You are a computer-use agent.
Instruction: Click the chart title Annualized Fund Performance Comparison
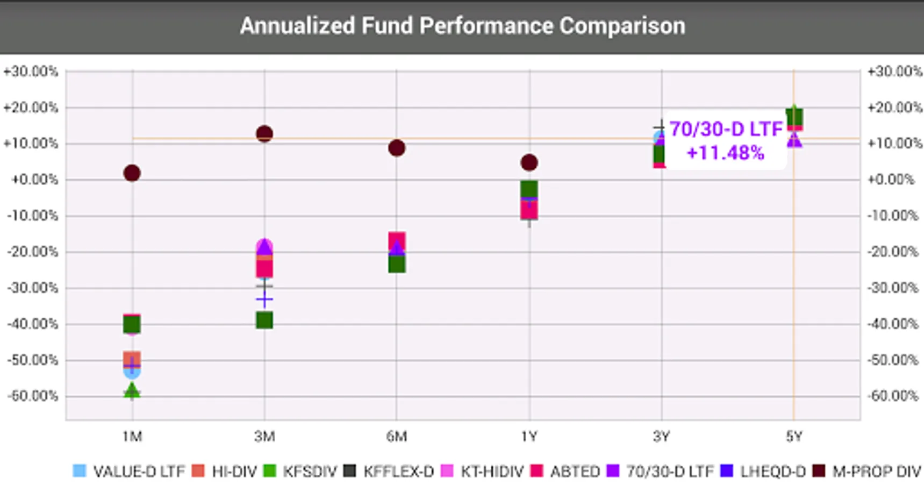point(462,26)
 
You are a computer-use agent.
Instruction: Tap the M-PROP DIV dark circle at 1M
point(132,173)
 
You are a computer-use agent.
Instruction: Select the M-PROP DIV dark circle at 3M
point(264,134)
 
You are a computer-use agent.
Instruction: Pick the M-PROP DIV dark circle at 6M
point(397,148)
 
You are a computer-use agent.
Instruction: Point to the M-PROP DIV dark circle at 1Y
point(529,162)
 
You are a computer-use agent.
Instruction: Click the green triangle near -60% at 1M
point(132,391)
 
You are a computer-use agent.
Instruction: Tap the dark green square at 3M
point(264,321)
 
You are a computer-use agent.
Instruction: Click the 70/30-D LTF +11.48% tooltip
point(725,141)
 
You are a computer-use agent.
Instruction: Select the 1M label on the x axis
point(132,436)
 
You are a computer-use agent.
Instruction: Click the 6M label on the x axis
point(397,436)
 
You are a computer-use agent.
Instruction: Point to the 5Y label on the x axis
point(794,436)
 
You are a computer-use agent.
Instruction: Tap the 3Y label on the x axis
point(662,436)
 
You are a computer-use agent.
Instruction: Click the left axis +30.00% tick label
point(31,72)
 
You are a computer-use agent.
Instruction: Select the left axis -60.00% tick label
point(32,396)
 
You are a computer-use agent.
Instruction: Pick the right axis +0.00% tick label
point(891,180)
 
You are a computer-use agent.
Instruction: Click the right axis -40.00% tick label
point(892,324)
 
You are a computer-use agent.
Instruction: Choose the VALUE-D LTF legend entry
point(129,472)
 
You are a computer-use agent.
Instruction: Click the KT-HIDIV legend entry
point(482,472)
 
